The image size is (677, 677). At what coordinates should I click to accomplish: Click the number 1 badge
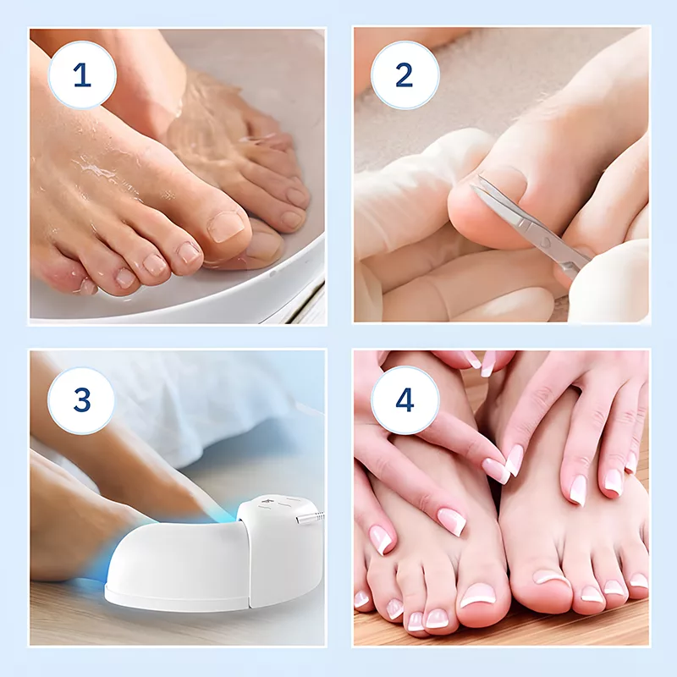coord(82,75)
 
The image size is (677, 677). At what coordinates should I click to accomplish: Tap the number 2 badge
coord(405,75)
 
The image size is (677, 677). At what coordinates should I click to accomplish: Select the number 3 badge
coord(82,400)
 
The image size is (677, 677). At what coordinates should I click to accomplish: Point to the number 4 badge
coord(405,400)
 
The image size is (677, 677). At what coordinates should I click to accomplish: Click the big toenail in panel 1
coord(225,226)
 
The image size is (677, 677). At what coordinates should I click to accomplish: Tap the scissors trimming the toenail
coord(531,224)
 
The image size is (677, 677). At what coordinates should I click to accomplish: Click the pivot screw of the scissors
coord(545,242)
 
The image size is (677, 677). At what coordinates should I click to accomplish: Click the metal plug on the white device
coord(310,517)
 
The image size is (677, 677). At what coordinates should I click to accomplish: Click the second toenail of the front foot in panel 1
coord(189,252)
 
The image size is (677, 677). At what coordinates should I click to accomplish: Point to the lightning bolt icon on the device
coord(264,502)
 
